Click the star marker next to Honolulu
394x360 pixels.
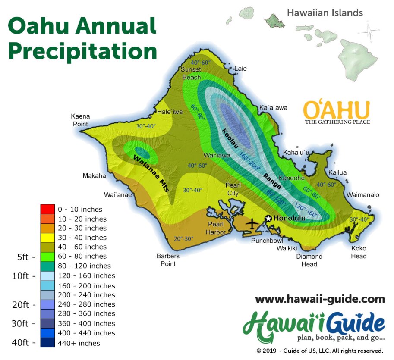tap(268, 219)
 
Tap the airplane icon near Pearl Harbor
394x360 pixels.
tap(251, 223)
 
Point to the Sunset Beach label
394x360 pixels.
tap(191, 73)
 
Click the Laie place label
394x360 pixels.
tap(240, 69)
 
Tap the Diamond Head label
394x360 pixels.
tap(309, 260)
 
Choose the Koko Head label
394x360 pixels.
tap(359, 252)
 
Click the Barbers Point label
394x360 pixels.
tap(168, 260)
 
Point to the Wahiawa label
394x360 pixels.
tap(217, 155)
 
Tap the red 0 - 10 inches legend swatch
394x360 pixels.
tap(47, 209)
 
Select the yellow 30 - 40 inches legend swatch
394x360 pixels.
tap(47, 238)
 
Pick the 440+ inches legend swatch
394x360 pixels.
tap(47, 343)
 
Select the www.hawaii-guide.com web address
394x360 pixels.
tap(320, 299)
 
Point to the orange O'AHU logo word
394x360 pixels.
tap(337, 110)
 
